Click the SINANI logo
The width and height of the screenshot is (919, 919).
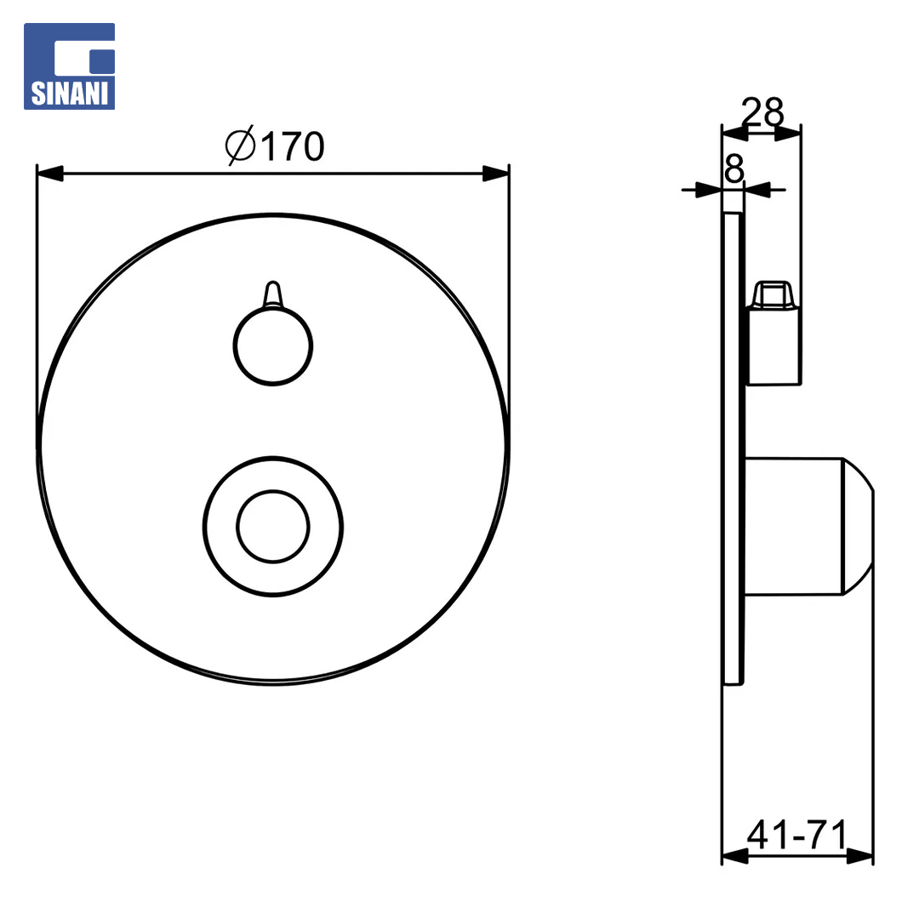[69, 66]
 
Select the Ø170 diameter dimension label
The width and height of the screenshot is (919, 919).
[275, 146]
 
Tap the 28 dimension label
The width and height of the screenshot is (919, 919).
[762, 111]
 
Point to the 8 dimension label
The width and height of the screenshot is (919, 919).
[733, 168]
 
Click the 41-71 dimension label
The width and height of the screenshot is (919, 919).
[797, 834]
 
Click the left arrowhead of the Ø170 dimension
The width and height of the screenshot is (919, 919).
[50, 174]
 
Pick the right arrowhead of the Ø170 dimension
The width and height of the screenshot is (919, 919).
[496, 174]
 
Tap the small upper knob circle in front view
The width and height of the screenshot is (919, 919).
[273, 345]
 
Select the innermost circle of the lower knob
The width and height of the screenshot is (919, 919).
[273, 527]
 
